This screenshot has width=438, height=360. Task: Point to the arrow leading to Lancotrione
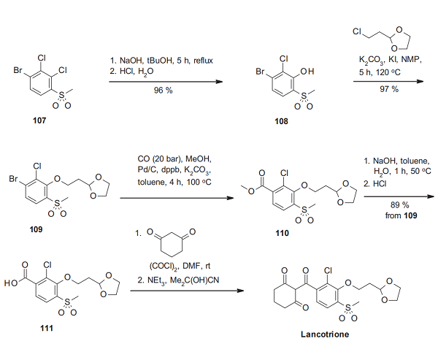point(187,291)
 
